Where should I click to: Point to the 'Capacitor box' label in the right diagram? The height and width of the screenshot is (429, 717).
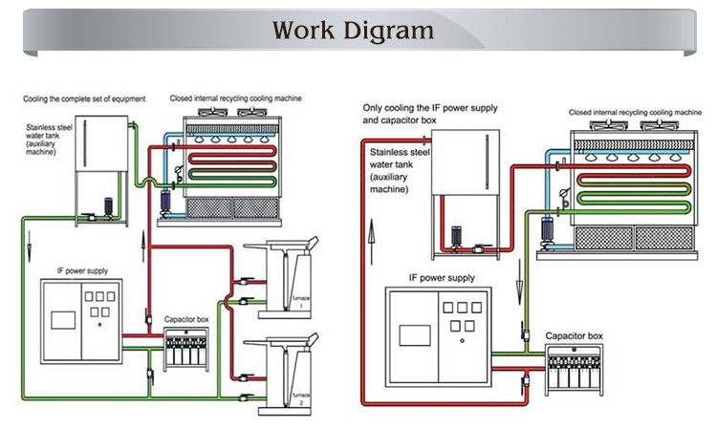(x=574, y=336)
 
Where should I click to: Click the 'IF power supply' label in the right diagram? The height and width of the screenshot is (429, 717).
(x=441, y=278)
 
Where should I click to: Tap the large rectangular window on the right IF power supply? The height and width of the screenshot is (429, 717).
(x=415, y=334)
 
